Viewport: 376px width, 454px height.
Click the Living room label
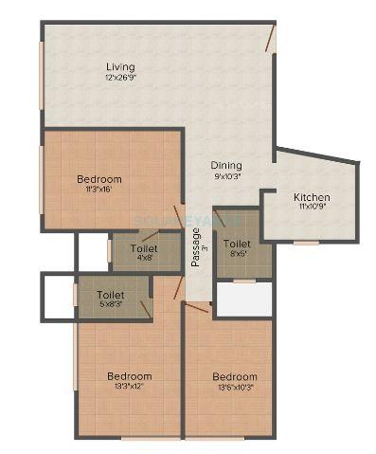[120, 66]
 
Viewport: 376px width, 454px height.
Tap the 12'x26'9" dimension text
[122, 78]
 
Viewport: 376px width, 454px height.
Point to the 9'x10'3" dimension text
[226, 175]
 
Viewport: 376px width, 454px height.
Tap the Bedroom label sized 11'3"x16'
[98, 179]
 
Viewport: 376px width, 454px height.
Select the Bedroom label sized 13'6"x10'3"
[234, 376]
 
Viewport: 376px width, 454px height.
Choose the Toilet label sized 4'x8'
[145, 248]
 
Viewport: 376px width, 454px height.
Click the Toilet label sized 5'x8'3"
[111, 295]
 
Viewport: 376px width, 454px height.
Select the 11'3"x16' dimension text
[98, 190]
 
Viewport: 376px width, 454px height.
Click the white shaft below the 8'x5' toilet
[244, 300]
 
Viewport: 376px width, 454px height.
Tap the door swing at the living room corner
[270, 38]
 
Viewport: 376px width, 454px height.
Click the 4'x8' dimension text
[145, 259]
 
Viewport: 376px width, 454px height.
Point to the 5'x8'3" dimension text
[112, 305]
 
